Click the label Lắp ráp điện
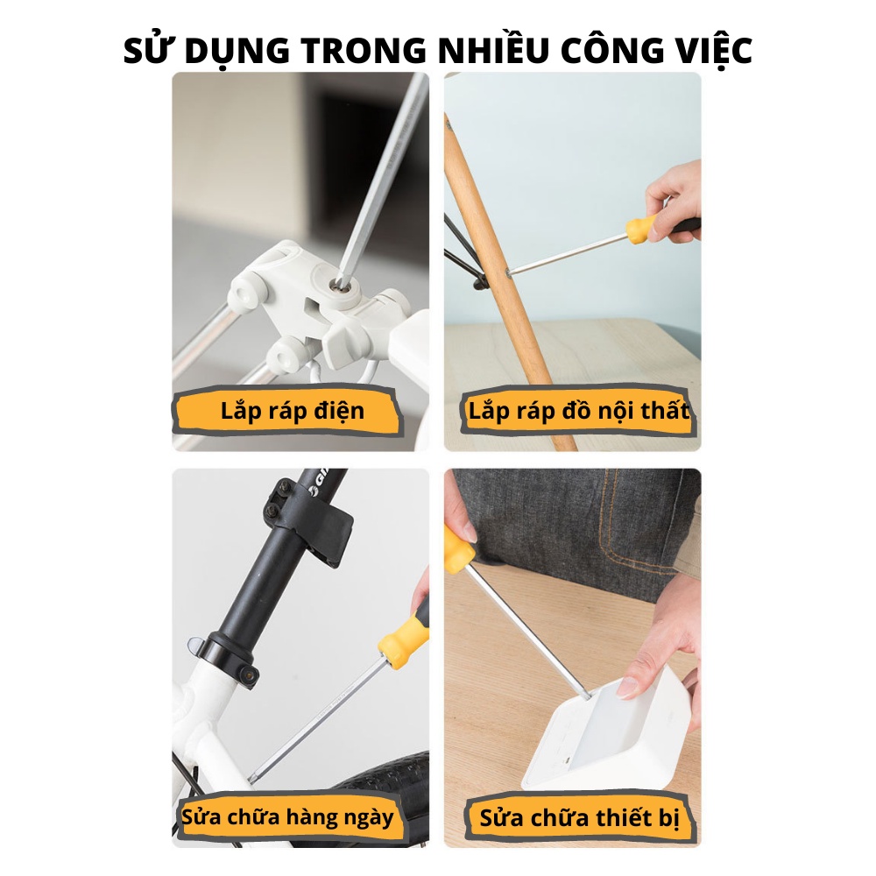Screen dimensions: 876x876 (x=293, y=411)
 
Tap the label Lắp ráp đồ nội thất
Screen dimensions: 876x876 (x=579, y=411)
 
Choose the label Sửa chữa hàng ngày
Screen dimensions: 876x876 (x=287, y=816)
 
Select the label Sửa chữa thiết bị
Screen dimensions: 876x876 (x=579, y=818)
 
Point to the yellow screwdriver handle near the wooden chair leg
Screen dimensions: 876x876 (x=641, y=229)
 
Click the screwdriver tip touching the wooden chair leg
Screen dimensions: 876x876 (x=510, y=273)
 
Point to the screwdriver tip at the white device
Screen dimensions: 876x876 (x=586, y=696)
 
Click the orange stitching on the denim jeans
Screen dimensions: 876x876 (x=608, y=531)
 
